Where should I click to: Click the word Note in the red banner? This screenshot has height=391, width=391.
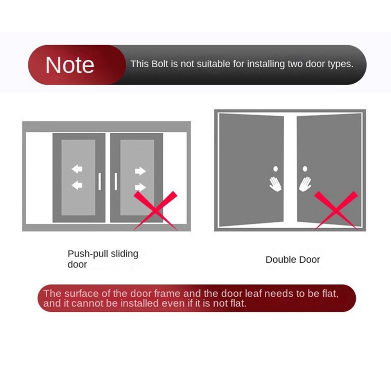[x=70, y=65]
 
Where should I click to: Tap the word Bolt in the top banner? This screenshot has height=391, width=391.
[x=159, y=64]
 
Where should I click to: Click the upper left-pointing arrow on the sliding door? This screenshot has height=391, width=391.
[x=77, y=169]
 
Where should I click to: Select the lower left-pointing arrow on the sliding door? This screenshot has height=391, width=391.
[x=77, y=185]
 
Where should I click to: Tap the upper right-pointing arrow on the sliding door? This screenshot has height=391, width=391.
[x=140, y=171]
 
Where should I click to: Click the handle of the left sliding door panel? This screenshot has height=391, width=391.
[x=100, y=181]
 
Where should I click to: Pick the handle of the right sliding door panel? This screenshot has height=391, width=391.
[x=116, y=181]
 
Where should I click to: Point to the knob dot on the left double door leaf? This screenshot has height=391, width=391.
[x=276, y=169]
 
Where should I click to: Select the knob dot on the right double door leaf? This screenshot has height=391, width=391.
[x=305, y=169]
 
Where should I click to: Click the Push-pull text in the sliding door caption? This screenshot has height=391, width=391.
[x=84, y=254]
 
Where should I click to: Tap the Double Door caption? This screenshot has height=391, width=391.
[x=293, y=260]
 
